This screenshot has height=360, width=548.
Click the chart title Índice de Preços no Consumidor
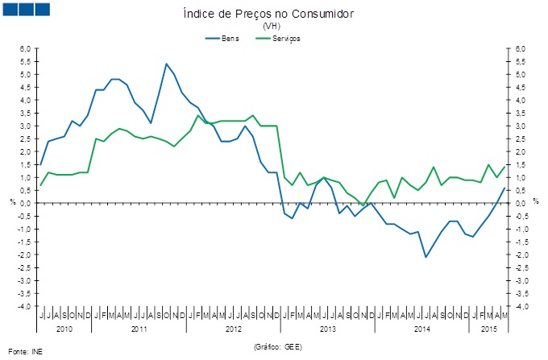(x=275, y=14)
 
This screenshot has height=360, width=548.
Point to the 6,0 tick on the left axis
(x=26, y=49)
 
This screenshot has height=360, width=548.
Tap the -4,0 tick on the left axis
(x=24, y=307)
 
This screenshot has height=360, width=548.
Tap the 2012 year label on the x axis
(x=233, y=329)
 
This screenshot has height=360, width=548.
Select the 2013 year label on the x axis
(x=326, y=329)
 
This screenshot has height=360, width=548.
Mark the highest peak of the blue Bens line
(x=166, y=64)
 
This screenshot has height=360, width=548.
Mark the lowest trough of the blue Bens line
(x=426, y=257)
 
